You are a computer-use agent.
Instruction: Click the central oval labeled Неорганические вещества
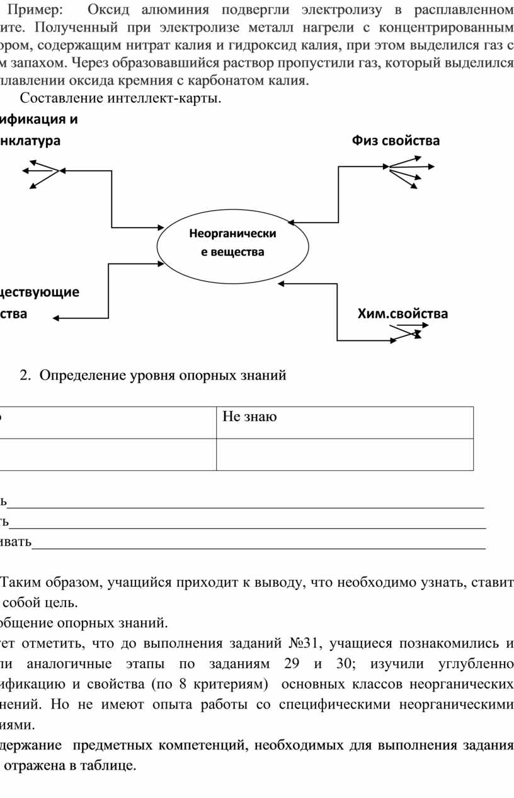point(232,243)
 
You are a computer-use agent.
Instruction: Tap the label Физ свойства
point(396,141)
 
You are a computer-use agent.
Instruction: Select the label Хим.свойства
point(403,313)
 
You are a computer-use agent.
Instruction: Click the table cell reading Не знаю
point(249,417)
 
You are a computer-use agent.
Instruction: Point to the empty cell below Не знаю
point(344,454)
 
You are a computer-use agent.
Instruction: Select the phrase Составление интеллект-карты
point(120,99)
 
